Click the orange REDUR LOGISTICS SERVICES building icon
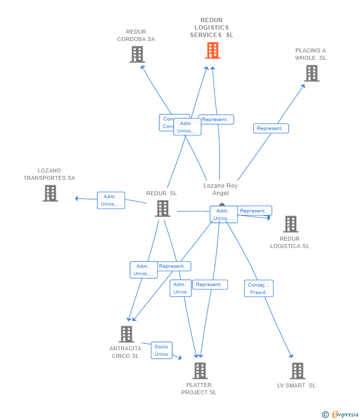(213, 50)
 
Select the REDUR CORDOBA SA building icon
(137, 54)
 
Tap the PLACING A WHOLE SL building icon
(312, 73)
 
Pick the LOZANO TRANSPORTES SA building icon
(50, 193)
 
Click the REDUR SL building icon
(162, 209)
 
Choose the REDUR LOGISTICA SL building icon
(291, 224)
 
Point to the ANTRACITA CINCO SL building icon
(127, 334)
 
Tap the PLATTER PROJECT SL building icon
(200, 371)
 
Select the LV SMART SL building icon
(297, 371)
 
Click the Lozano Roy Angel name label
(221, 189)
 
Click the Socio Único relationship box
(162, 350)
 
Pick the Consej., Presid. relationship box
(259, 289)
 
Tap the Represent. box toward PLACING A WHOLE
(270, 128)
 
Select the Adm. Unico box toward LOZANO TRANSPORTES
(111, 200)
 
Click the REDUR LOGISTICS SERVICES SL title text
(212, 28)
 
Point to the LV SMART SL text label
(297, 385)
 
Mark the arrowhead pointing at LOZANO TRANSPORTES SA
(77, 198)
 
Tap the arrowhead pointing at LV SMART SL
(291, 356)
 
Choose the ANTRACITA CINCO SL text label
(125, 352)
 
